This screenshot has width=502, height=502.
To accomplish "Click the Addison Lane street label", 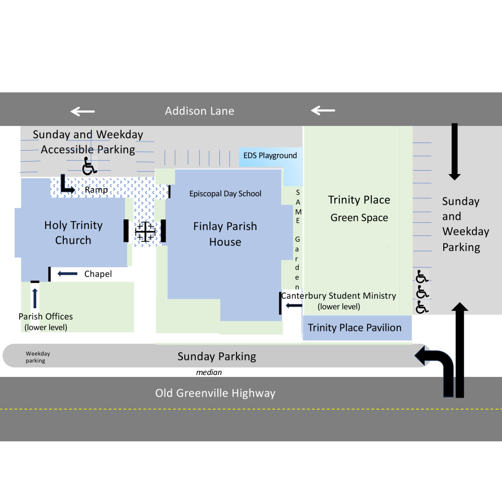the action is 199,111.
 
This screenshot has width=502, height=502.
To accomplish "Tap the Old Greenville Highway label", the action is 215,393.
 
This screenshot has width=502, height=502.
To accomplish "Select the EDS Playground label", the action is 270,156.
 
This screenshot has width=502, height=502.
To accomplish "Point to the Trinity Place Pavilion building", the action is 357,328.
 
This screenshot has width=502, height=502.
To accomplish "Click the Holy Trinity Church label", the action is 73,232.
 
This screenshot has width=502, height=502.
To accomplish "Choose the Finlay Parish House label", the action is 225,234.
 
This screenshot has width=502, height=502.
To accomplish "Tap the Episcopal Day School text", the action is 225,194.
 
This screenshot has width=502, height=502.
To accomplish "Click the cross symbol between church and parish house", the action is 145,231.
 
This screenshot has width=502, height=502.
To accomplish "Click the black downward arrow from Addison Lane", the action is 455,152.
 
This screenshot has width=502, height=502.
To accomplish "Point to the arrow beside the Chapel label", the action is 67,274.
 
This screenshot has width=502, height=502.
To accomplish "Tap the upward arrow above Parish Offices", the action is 35,298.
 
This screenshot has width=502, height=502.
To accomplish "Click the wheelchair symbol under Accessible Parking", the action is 89,166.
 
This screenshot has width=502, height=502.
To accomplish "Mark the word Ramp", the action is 96,190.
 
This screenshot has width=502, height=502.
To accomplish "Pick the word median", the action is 209,372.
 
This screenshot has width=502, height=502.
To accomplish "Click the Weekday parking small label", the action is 38,357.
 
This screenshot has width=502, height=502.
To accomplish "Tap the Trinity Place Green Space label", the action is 359,209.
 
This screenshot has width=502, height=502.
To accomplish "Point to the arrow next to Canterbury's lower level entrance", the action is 294,305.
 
